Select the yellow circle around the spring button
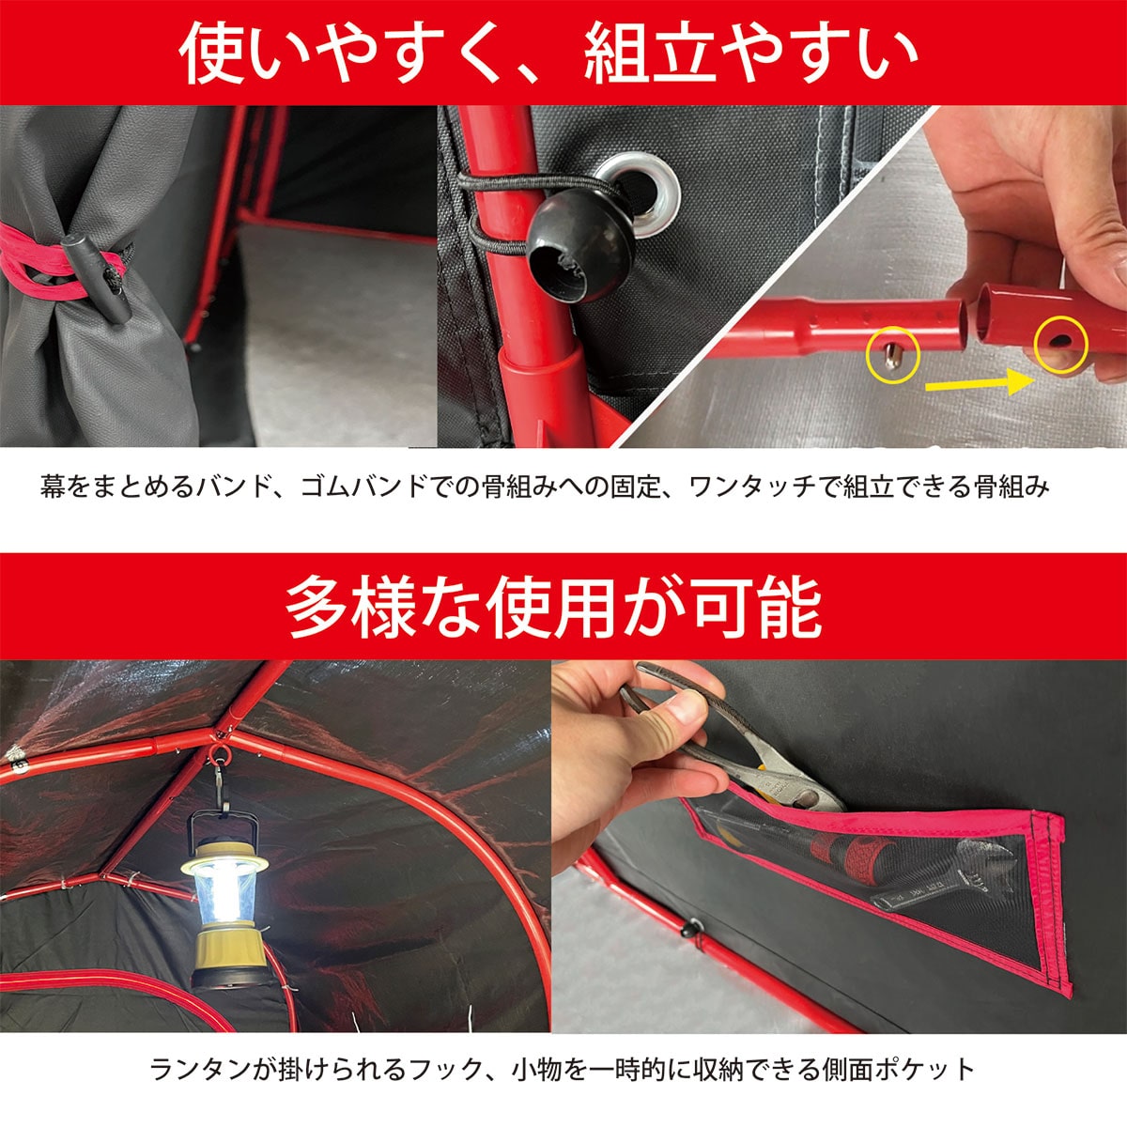tap(893, 355)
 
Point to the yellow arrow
tap(978, 383)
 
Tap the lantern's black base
tap(229, 974)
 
